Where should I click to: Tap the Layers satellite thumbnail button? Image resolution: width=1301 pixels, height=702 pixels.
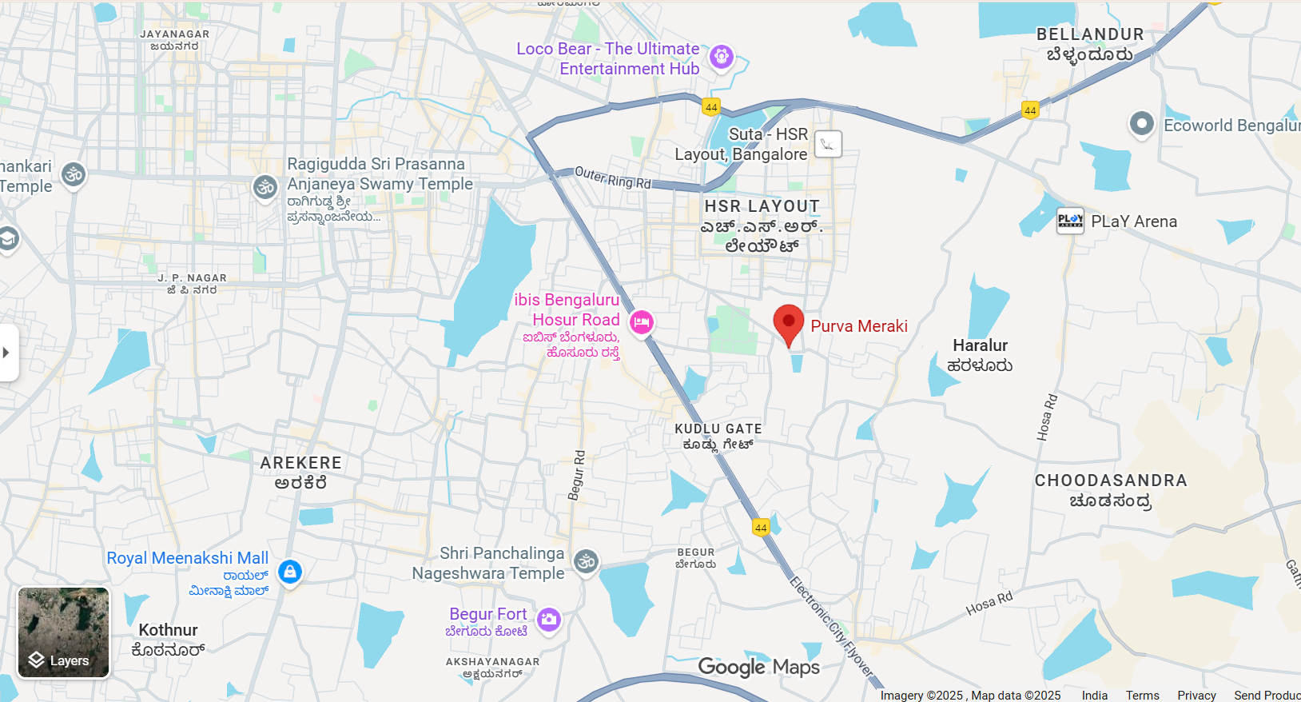(x=64, y=632)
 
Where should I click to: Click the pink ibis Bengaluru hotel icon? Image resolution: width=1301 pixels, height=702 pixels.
(x=641, y=322)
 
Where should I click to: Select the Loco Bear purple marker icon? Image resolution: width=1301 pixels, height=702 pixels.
(x=722, y=57)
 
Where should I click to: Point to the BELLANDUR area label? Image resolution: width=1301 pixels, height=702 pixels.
(x=1090, y=34)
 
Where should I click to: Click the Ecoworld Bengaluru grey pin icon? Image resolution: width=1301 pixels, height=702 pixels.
(x=1141, y=124)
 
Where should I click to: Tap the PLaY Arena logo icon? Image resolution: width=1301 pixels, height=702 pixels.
(x=1070, y=220)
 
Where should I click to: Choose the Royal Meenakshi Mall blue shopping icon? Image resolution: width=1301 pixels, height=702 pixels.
(x=290, y=572)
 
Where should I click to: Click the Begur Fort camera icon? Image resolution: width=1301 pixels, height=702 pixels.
(x=548, y=619)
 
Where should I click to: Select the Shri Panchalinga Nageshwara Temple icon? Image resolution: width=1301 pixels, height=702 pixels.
(x=587, y=561)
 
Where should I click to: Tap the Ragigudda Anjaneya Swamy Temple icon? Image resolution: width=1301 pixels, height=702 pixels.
(x=265, y=187)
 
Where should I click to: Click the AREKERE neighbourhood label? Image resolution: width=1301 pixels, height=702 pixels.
(x=301, y=463)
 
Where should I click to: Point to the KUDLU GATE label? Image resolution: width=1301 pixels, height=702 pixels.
(x=718, y=429)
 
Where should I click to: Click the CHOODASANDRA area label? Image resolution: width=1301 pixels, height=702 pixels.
(x=1111, y=481)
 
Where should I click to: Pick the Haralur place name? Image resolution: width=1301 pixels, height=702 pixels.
(x=980, y=345)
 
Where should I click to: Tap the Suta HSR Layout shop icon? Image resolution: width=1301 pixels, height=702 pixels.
(x=828, y=144)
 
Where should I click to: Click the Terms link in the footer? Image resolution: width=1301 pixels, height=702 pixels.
(x=1142, y=696)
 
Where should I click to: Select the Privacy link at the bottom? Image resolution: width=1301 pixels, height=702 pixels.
(x=1196, y=696)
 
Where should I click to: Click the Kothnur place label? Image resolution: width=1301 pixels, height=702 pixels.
(x=168, y=630)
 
